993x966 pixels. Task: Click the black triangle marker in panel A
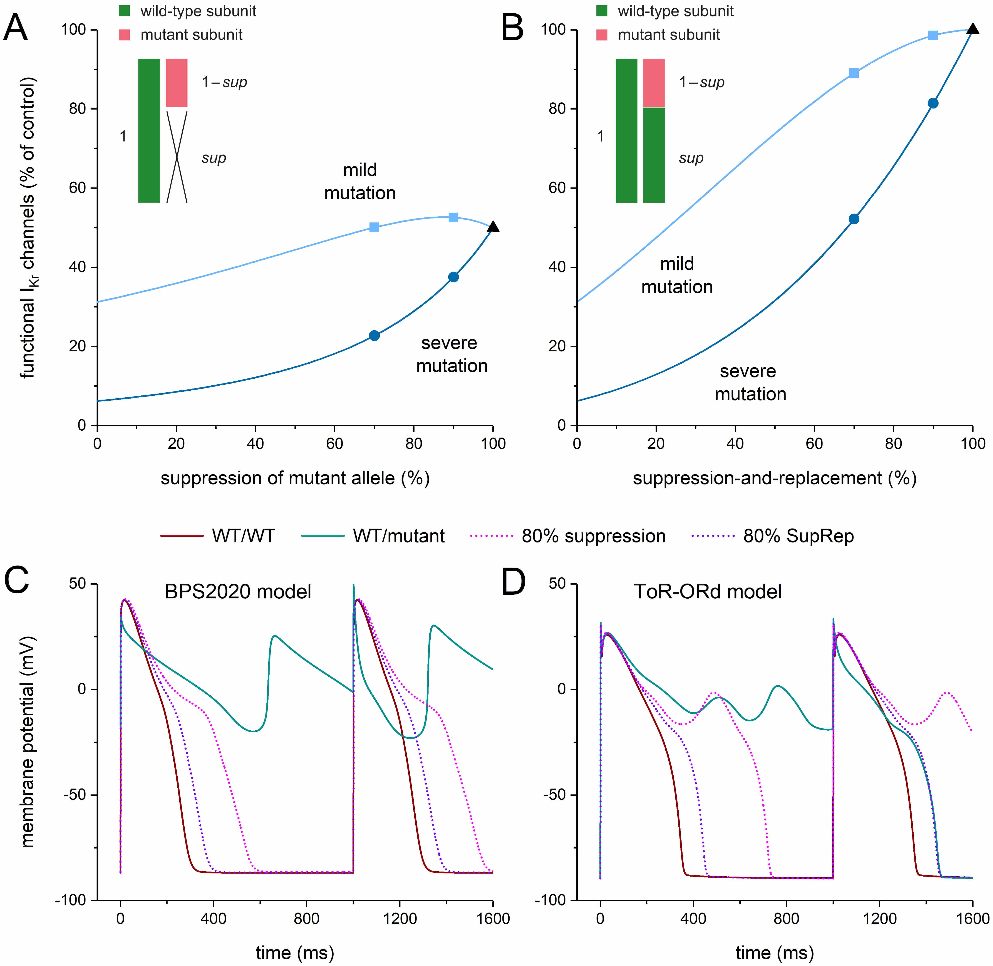point(493,227)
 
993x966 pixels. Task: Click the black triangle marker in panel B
point(972,29)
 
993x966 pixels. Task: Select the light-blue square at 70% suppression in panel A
point(374,227)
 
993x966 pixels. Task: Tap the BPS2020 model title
point(238,591)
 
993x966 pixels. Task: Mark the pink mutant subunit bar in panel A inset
point(177,83)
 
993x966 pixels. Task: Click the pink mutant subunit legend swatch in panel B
point(602,35)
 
